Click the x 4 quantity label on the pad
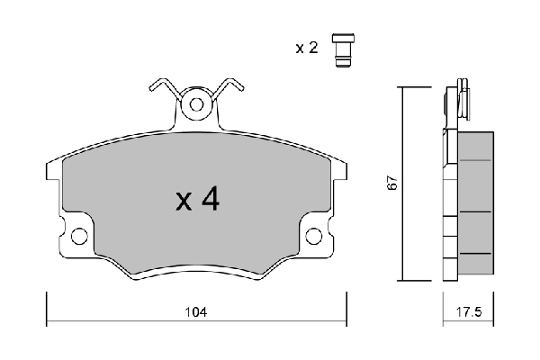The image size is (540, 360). point(197,200)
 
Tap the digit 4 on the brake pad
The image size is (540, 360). point(210,200)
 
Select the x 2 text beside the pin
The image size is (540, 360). point(307,48)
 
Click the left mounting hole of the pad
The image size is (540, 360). point(78,237)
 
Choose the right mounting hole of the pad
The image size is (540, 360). point(313,237)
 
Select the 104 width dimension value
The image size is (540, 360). point(197,312)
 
